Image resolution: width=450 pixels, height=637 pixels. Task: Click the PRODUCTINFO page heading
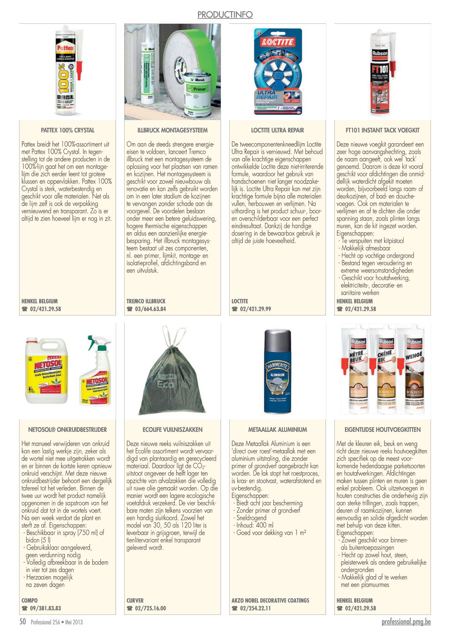click(x=225, y=14)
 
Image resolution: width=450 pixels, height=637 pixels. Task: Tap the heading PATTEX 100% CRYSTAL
click(x=68, y=130)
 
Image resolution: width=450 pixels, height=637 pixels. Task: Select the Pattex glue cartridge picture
click(x=68, y=71)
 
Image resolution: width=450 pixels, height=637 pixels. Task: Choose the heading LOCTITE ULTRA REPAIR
click(x=277, y=130)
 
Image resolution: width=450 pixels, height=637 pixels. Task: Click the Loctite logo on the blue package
click(x=278, y=42)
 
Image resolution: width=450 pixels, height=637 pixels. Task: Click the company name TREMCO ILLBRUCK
click(x=146, y=301)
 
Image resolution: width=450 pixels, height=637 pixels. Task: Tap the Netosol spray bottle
click(x=96, y=370)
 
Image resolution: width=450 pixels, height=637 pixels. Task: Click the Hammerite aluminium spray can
click(x=278, y=371)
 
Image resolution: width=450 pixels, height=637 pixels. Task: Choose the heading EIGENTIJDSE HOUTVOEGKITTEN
click(x=382, y=430)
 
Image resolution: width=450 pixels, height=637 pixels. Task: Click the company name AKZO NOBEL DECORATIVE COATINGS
click(x=270, y=600)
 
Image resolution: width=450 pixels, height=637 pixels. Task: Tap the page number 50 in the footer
click(x=23, y=622)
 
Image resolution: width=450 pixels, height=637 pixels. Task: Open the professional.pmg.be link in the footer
click(x=406, y=622)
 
